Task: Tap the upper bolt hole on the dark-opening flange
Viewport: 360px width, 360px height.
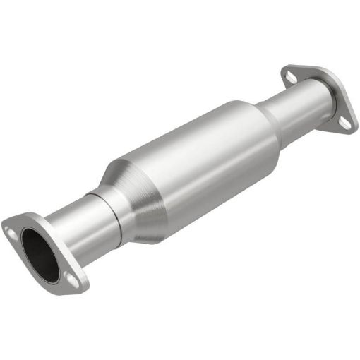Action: tap(11, 228)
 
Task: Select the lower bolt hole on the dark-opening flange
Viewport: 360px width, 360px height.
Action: tap(73, 281)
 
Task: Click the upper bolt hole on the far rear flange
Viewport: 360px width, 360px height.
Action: tap(288, 73)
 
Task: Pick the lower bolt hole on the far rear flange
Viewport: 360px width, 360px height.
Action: tap(344, 123)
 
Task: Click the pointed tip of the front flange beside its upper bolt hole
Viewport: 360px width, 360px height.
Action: tap(5, 224)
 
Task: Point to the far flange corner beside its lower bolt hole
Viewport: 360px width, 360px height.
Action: tap(351, 127)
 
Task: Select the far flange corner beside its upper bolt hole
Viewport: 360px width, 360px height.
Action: tap(283, 69)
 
